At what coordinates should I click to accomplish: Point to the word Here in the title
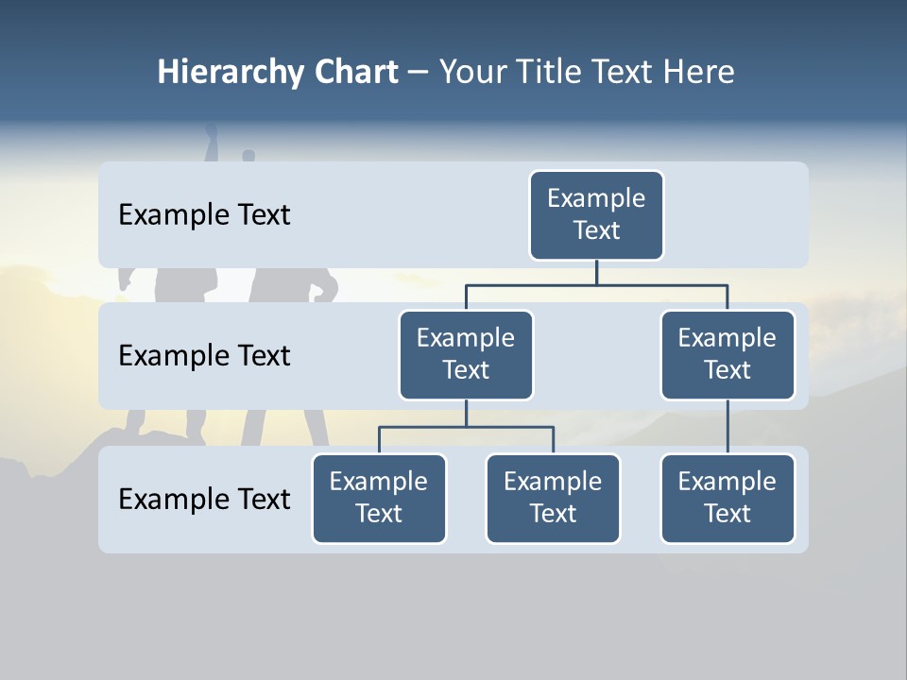click(697, 73)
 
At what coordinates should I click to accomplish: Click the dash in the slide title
click(419, 74)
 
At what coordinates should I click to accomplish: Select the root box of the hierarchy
click(596, 215)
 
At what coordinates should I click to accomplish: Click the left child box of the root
click(466, 355)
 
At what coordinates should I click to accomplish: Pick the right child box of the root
click(727, 355)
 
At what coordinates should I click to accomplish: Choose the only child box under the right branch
click(727, 499)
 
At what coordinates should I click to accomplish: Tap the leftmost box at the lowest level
click(379, 499)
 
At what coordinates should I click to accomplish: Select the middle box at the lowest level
click(553, 499)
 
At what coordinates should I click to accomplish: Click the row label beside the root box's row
click(204, 215)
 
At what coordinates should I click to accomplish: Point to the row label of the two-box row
click(204, 356)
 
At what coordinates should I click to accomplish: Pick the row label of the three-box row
click(204, 499)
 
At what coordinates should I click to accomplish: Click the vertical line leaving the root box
click(596, 272)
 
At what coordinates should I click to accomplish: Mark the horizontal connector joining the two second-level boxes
click(596, 284)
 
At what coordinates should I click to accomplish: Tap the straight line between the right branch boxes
click(727, 427)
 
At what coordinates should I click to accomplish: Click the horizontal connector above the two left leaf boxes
click(466, 427)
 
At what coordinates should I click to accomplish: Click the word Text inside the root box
click(596, 230)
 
